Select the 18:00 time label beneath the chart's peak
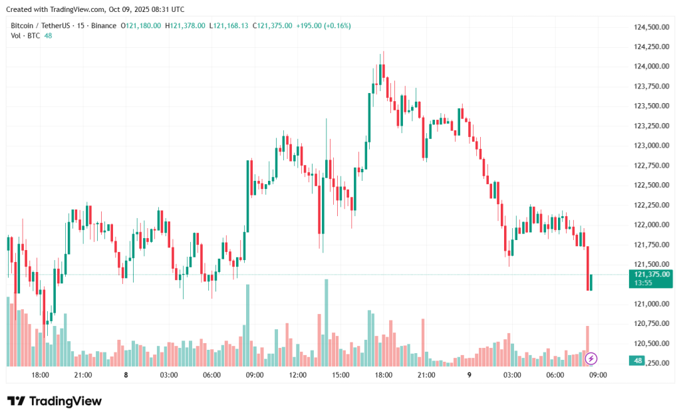(x=383, y=375)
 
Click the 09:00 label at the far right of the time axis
(x=598, y=375)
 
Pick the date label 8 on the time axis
(x=126, y=375)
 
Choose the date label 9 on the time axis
(x=469, y=375)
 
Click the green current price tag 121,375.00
(x=652, y=274)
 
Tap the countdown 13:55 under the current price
(x=643, y=283)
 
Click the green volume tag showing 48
(x=638, y=360)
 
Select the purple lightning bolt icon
(x=591, y=359)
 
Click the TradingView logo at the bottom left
(x=55, y=401)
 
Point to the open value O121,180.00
(x=140, y=25)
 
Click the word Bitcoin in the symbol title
(x=22, y=25)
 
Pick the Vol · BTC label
(x=25, y=35)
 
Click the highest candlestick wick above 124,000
(x=383, y=55)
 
